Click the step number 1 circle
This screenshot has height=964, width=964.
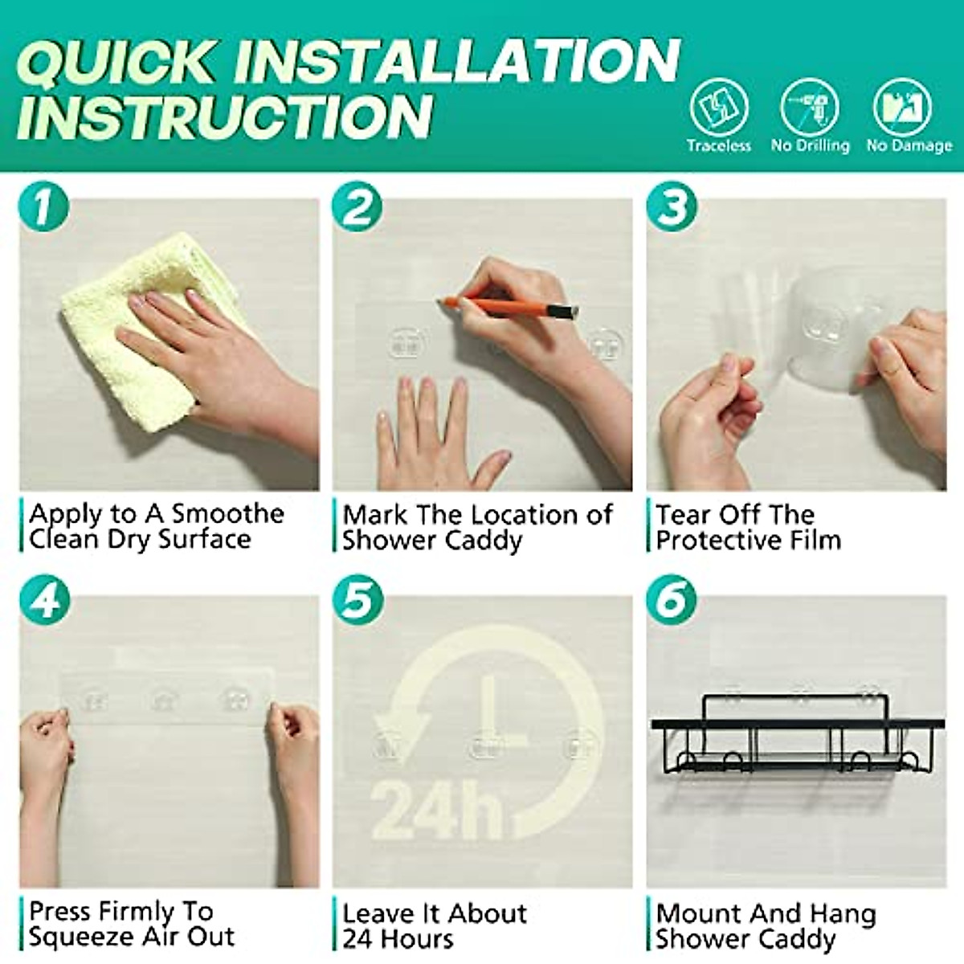point(43,206)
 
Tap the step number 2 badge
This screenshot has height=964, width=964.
point(357,206)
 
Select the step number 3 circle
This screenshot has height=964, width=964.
point(671,206)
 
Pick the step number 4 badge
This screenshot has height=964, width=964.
point(44,599)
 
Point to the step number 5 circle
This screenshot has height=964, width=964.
point(358,599)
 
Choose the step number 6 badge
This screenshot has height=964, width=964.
point(671,599)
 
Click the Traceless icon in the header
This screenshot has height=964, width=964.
point(719,107)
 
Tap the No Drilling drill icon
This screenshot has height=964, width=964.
point(810,107)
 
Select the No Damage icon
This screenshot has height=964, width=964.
point(902,107)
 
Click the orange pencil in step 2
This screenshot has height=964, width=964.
point(508,307)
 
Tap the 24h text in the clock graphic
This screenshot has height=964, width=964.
point(436,810)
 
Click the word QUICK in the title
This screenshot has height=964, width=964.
point(116,63)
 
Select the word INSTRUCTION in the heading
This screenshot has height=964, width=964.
point(224,116)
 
